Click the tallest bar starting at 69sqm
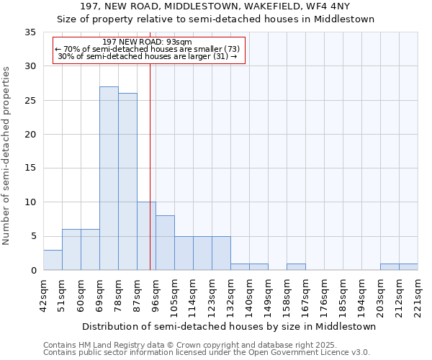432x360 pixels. (x=109, y=179)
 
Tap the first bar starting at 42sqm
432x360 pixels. (x=53, y=260)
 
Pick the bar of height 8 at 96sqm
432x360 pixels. (x=165, y=243)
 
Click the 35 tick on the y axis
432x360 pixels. (x=30, y=32)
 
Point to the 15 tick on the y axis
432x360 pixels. (x=30, y=168)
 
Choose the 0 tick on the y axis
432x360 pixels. (x=33, y=271)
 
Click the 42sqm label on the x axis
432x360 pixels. (x=44, y=295)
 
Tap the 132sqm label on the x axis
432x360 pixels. (x=231, y=295)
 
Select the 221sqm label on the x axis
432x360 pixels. (x=418, y=295)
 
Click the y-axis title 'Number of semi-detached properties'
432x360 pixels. (x=6, y=155)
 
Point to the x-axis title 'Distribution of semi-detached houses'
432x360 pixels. (x=229, y=326)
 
